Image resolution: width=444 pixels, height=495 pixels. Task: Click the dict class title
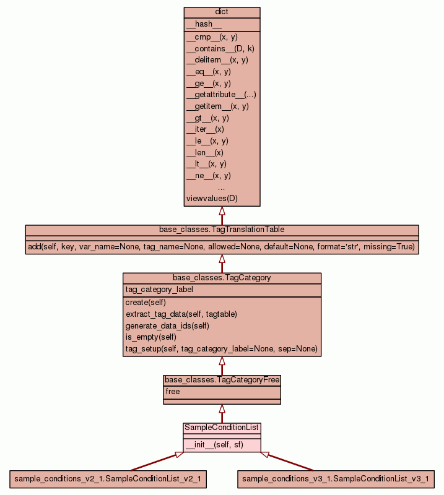(222, 12)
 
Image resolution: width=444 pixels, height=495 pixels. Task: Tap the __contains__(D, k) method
(220, 48)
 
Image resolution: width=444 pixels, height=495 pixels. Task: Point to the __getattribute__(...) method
(221, 95)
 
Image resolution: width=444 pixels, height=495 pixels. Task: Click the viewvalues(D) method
(212, 199)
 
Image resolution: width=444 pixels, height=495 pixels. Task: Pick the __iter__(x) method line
(205, 129)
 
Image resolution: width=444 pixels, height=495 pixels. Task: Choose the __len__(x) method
(205, 152)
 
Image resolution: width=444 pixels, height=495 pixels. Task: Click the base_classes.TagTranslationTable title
(222, 230)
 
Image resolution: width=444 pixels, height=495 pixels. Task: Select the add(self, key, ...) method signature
(222, 247)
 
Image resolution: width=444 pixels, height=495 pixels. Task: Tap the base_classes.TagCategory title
(222, 278)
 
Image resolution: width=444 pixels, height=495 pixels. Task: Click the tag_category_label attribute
(159, 290)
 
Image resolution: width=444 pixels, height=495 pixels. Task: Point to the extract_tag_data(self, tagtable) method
(181, 314)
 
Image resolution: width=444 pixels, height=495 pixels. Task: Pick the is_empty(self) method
(150, 337)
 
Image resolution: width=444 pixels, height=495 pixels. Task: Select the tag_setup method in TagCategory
(221, 349)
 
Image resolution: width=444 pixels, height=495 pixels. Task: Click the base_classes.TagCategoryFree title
(222, 379)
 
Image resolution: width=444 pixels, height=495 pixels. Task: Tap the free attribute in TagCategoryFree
(173, 392)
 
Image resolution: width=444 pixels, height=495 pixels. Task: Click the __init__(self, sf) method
(214, 444)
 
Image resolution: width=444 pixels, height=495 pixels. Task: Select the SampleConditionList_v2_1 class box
(108, 478)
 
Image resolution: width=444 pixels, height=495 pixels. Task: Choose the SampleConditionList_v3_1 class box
(335, 478)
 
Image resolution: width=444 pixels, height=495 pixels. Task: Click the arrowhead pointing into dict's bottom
(222, 211)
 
